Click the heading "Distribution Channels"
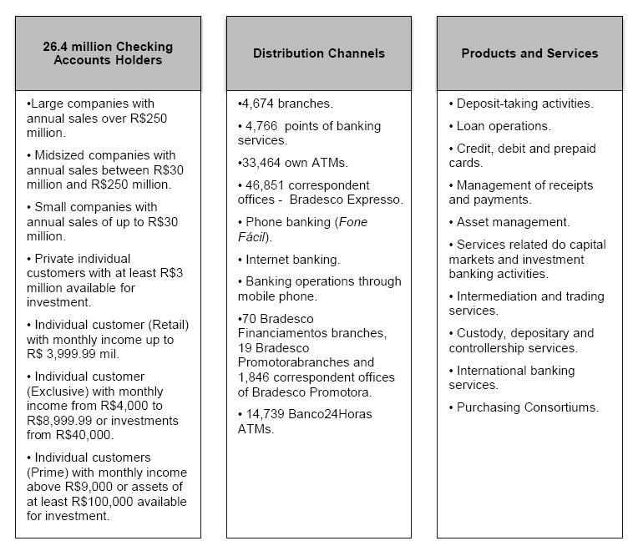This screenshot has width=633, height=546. tap(318, 53)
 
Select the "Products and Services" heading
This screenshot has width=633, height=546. tap(529, 53)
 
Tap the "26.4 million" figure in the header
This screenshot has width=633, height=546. tap(76, 47)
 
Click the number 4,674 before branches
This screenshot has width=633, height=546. tap(259, 104)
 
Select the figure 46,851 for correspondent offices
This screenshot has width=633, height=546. tap(266, 185)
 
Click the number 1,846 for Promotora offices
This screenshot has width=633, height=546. tap(255, 378)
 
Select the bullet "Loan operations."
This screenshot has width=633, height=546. tap(504, 126)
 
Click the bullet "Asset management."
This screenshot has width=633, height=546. tap(513, 222)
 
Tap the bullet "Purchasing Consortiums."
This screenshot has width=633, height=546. tap(528, 407)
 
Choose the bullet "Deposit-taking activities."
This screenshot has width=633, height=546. tap(524, 104)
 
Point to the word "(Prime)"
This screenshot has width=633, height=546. tap(47, 473)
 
